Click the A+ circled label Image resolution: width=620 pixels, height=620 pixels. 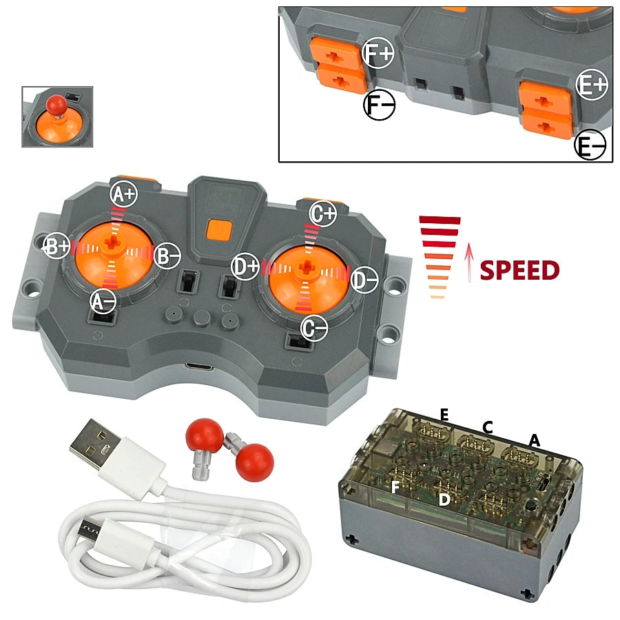point(123,194)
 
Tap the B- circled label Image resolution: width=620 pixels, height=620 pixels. point(167,257)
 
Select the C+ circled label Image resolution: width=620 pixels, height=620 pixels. point(323,214)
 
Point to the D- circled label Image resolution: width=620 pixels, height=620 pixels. point(364,280)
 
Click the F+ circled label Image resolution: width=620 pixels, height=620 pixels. point(378,53)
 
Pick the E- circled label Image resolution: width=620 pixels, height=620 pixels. point(590,145)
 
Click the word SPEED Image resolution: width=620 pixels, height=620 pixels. point(519,271)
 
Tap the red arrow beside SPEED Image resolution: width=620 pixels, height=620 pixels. point(469,262)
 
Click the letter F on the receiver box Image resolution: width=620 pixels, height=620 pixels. point(395,487)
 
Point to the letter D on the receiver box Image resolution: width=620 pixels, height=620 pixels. point(444,500)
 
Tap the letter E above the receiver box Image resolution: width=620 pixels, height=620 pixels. point(444,415)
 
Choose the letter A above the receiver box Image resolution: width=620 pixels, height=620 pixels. point(534,440)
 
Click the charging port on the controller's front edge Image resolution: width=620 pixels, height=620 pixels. point(200,367)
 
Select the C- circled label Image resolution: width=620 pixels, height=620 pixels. point(314,328)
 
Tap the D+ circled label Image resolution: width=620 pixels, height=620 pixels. point(245,267)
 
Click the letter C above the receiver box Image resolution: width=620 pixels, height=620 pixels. point(488,427)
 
